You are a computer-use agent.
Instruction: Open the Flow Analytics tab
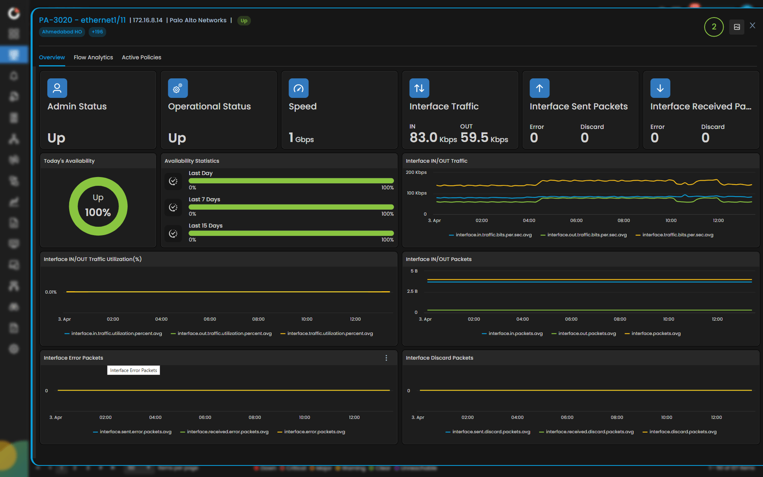click(93, 57)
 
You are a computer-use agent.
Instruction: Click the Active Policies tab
click(141, 57)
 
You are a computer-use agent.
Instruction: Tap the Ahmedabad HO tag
click(62, 32)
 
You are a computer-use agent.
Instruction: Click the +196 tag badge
click(97, 32)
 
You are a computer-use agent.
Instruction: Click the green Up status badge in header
click(244, 21)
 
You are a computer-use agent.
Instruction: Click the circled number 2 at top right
click(714, 27)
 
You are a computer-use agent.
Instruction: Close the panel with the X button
click(752, 25)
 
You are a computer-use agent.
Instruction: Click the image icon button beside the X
click(736, 27)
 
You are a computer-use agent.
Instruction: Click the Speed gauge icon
click(298, 88)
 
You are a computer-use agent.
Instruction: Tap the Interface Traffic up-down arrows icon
click(419, 88)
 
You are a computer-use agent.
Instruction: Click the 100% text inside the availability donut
click(98, 212)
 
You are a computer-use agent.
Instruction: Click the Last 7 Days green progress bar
click(291, 207)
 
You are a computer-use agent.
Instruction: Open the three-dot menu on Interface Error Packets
click(386, 358)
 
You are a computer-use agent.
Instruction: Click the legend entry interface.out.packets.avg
click(586, 333)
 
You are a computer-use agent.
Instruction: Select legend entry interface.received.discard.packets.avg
click(589, 432)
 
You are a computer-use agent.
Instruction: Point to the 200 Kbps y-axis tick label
click(416, 172)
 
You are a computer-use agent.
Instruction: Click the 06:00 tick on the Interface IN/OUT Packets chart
click(571, 319)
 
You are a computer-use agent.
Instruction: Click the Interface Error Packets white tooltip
click(133, 370)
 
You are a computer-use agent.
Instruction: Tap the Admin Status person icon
click(57, 88)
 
